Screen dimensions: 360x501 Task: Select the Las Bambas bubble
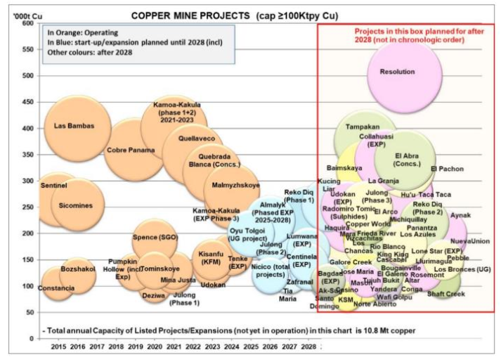click(74, 126)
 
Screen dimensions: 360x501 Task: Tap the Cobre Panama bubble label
click(131, 150)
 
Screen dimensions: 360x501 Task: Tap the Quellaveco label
click(196, 139)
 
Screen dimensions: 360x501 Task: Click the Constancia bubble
click(56, 288)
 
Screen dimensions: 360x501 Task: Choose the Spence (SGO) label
click(155, 237)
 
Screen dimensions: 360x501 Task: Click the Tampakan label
click(363, 127)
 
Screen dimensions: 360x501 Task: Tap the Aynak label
click(461, 215)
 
